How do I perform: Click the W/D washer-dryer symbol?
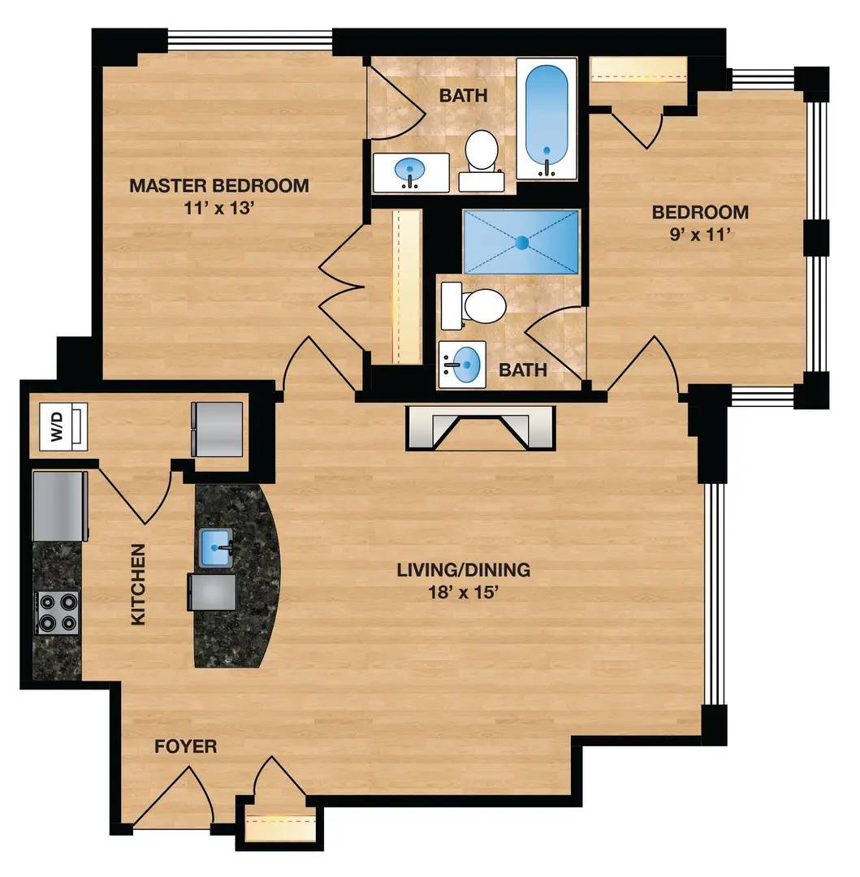coord(63,426)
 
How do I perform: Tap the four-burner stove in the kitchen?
coord(57,612)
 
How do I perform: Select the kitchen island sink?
coord(216,548)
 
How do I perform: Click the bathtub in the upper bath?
coord(547,119)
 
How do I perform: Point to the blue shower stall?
coord(521,242)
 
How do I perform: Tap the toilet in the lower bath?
coord(473,306)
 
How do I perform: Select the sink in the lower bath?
coord(462,364)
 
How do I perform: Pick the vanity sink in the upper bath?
coord(411,172)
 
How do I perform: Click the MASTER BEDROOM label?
coord(219,185)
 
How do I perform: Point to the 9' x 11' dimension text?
coord(701,234)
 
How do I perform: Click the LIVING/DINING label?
coord(464,570)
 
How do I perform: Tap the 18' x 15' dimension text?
coord(463,592)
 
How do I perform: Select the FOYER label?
coord(186,746)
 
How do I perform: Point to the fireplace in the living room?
coord(481,427)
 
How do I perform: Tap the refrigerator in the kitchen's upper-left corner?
coord(60,507)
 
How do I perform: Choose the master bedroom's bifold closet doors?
coord(342,287)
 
